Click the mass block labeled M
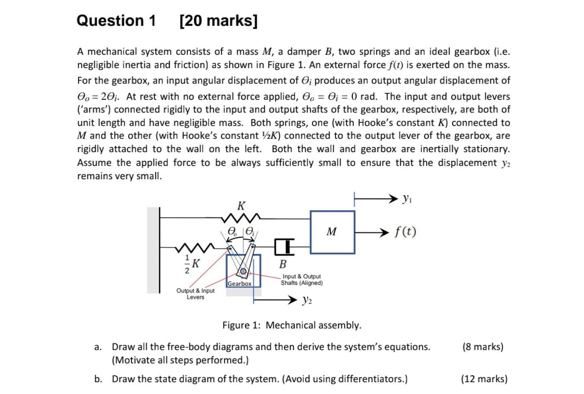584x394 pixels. click(332, 232)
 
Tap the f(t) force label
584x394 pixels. click(405, 232)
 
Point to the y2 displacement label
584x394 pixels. click(307, 300)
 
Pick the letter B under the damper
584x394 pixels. click(283, 264)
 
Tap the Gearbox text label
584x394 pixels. click(239, 284)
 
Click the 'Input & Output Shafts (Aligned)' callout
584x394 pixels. click(301, 280)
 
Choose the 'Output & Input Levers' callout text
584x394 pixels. click(195, 294)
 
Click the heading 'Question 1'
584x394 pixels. click(116, 20)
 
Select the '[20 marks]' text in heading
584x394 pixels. click(218, 20)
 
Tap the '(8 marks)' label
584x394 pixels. click(483, 347)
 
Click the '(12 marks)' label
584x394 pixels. click(484, 379)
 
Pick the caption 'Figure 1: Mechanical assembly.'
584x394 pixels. click(292, 325)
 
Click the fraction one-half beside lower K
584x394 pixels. click(187, 264)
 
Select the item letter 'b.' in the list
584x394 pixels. click(98, 379)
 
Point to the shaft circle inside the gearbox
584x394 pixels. click(243, 271)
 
